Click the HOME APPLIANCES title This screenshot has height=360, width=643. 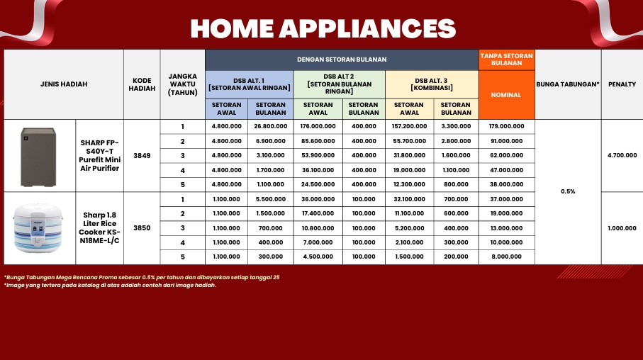click(323, 28)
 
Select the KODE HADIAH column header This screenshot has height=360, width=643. click(142, 84)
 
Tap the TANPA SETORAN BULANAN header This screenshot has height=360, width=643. click(506, 60)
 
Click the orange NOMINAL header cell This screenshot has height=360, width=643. click(506, 95)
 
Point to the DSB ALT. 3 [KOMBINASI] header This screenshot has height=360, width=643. click(432, 84)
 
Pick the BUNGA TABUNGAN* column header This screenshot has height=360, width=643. click(568, 84)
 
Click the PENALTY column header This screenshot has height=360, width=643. click(622, 84)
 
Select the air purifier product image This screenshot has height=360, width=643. click(38, 157)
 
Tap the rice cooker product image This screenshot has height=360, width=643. click(38, 228)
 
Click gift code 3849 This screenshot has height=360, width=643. click(142, 156)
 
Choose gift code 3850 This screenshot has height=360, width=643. click(142, 228)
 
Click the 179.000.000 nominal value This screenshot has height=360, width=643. click(506, 126)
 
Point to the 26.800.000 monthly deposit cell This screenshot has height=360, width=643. click(271, 126)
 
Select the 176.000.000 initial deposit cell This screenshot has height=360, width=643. click(318, 126)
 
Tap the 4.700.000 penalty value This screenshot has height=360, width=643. click(622, 155)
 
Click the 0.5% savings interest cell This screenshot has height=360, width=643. click(568, 191)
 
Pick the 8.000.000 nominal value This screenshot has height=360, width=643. click(506, 257)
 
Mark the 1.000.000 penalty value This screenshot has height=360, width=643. click(622, 228)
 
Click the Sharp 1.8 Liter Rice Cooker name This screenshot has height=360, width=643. click(100, 228)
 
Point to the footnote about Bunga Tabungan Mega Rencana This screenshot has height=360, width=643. click(142, 278)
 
